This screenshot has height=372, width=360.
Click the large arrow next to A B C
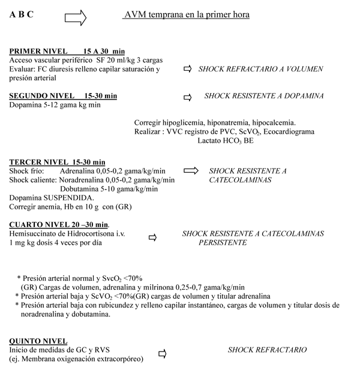click(x=75, y=17)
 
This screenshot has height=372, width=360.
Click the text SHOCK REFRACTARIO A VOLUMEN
click(x=261, y=70)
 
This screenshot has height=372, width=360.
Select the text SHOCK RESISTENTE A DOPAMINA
click(x=264, y=96)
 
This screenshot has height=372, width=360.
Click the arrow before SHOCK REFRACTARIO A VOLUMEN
click(x=187, y=70)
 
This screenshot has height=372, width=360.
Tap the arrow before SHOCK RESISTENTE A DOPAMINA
click(x=187, y=97)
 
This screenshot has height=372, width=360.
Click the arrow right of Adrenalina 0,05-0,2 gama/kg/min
click(x=191, y=171)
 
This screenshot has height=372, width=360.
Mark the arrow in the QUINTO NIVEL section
click(x=161, y=354)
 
